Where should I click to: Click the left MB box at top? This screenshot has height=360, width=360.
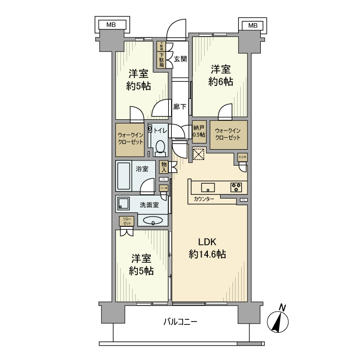pyautogui.click(x=111, y=25)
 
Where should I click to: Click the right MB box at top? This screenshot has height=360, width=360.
pyautogui.click(x=253, y=25)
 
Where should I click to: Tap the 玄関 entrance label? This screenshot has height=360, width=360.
pyautogui.click(x=180, y=59)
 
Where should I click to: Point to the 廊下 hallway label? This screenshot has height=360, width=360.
pyautogui.click(x=179, y=107)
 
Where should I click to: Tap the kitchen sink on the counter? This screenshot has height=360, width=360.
pyautogui.click(x=208, y=186)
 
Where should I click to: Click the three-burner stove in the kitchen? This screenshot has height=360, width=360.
pyautogui.click(x=237, y=186)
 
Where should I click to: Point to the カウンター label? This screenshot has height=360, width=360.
pyautogui.click(x=204, y=199)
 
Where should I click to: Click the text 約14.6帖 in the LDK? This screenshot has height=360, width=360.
pyautogui.click(x=208, y=254)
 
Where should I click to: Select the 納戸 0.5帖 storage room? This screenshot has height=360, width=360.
pyautogui.click(x=197, y=132)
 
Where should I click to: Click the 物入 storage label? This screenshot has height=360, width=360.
pyautogui.click(x=164, y=166)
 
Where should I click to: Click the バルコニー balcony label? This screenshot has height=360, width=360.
pyautogui.click(x=180, y=322)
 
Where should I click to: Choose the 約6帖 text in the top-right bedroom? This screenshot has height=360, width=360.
pyautogui.click(x=221, y=82)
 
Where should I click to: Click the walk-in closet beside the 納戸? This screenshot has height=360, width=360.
pyautogui.click(x=228, y=134)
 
